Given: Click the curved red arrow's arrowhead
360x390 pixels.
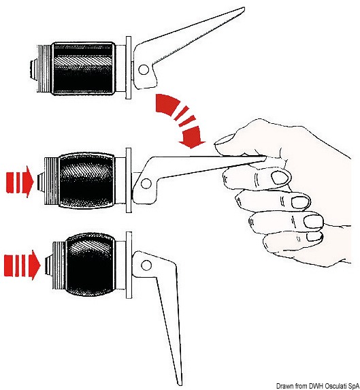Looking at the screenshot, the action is pyautogui.click(x=192, y=137).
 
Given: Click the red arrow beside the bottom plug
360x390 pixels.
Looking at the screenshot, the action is pyautogui.click(x=22, y=265).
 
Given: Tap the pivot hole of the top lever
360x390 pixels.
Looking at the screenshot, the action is pyautogui.click(x=144, y=69).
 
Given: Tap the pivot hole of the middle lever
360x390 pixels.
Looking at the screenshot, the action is pyautogui.click(x=146, y=184).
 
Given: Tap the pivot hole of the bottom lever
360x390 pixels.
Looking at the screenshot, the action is pyautogui.click(x=146, y=265).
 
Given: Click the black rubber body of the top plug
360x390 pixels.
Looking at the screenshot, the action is pyautogui.click(x=84, y=68).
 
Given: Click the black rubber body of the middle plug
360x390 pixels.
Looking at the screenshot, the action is pyautogui.click(x=87, y=181).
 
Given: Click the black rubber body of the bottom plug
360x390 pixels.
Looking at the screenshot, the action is pyautogui.click(x=91, y=264).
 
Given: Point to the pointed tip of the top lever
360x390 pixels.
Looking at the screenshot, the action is pyautogui.click(x=244, y=8).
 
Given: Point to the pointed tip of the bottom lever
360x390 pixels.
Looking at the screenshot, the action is pyautogui.click(x=179, y=385).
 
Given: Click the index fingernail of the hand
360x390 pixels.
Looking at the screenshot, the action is pyautogui.click(x=280, y=178).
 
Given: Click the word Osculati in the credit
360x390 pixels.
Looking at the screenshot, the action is pyautogui.click(x=335, y=386).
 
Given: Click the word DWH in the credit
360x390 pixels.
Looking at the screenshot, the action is pyautogui.click(x=316, y=386).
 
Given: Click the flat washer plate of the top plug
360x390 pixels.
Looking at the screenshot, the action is pyautogui.click(x=129, y=67).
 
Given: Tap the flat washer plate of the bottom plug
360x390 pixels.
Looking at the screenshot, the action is pyautogui.click(x=129, y=265).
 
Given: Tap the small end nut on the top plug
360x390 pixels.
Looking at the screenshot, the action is pyautogui.click(x=33, y=69).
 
